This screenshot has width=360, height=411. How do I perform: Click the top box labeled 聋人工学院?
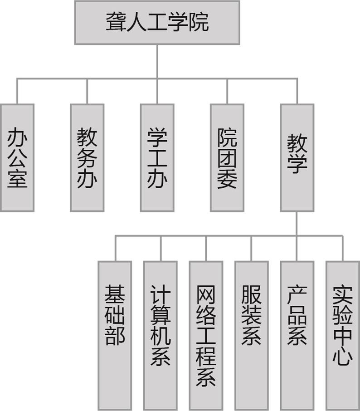157,22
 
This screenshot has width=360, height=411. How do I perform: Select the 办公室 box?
17,157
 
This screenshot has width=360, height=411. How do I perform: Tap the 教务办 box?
87,157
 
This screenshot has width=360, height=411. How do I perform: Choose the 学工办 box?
157,157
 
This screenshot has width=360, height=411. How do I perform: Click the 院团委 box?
227,157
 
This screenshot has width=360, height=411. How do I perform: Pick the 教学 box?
297,157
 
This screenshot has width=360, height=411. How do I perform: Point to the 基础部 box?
115,335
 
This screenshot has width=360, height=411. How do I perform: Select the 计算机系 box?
160,335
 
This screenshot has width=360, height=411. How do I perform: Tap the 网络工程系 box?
206,335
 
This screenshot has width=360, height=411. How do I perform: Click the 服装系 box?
251,335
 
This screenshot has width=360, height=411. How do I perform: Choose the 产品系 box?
297,335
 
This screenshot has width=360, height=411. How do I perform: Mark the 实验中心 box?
342,335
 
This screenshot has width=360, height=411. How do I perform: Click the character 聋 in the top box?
116,22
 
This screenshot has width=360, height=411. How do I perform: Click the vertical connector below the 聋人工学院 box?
157,61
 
